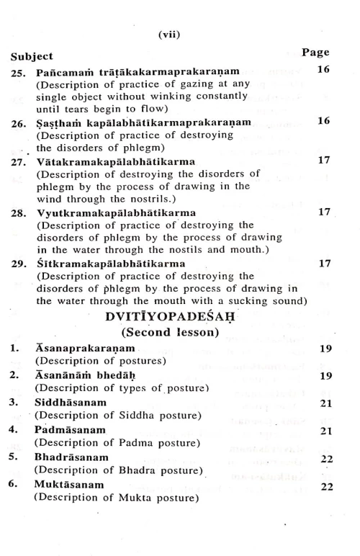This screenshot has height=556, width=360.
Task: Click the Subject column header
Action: tap(32, 55)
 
